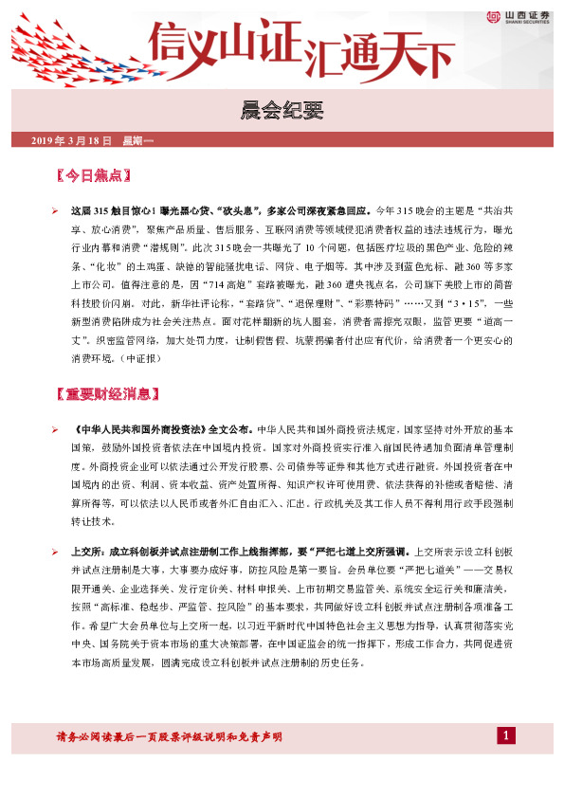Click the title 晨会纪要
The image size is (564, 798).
pos(282,110)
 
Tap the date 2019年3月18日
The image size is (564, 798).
pos(72,140)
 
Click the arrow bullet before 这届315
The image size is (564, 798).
pos(56,208)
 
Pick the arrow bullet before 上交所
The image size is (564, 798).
pos(56,551)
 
